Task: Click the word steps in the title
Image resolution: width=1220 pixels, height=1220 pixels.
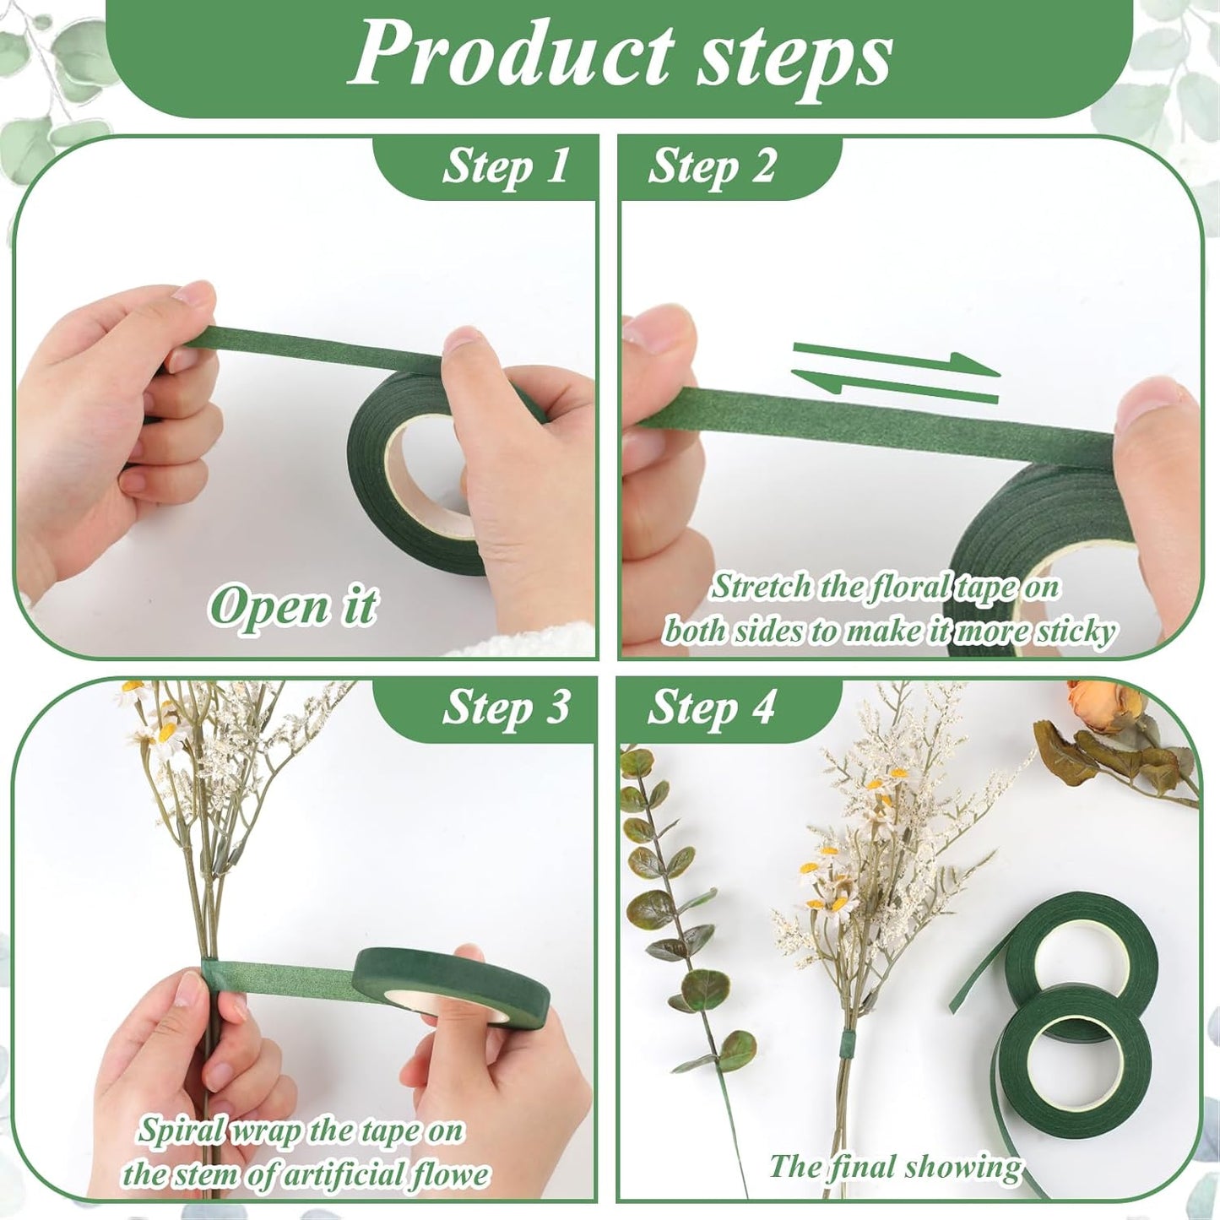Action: pos(794,64)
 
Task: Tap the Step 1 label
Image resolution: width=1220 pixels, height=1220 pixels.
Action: pos(505,167)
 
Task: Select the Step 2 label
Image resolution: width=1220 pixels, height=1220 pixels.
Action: pos(712,167)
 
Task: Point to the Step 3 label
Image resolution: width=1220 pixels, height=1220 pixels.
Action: pos(506,708)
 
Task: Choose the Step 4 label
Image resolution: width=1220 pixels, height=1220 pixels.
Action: pos(710,708)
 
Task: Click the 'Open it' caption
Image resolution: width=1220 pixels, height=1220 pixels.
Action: pos(293,607)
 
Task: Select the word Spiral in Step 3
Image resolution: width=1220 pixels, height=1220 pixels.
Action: pos(182,1131)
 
